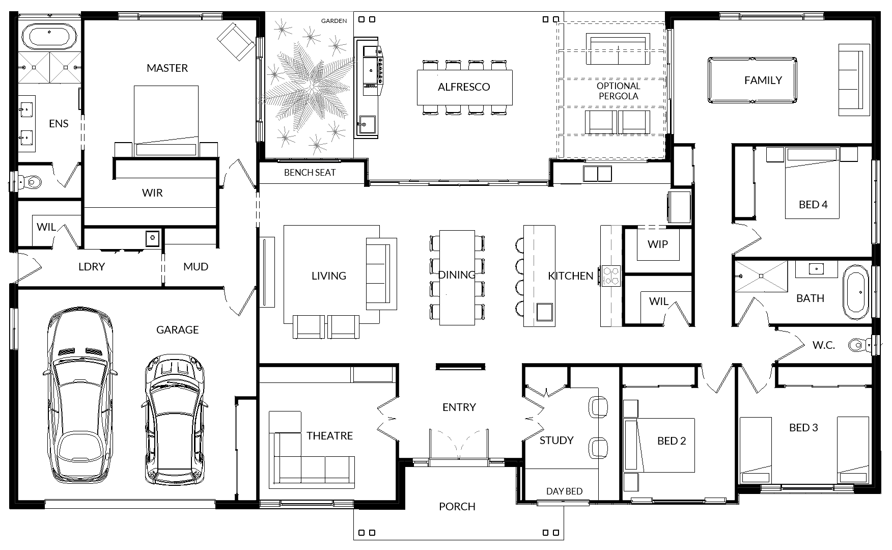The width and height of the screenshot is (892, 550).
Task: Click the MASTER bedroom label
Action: (x=167, y=68)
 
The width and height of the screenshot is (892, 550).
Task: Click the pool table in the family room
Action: (x=751, y=81)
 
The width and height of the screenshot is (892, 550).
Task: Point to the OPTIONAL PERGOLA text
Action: (x=619, y=91)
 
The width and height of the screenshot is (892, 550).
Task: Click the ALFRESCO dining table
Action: (x=464, y=87)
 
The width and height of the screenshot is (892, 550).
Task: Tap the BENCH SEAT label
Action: (x=310, y=173)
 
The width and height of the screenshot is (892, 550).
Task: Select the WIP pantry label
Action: (x=658, y=244)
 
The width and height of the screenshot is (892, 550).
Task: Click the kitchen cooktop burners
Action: (x=611, y=276)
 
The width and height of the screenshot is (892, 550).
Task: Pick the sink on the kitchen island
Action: (x=544, y=311)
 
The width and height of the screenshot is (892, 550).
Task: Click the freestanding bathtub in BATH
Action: (x=856, y=292)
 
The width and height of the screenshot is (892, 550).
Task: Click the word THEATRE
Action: (x=329, y=436)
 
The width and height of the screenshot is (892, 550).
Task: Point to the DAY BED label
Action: (x=564, y=491)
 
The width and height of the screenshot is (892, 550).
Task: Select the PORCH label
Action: (x=457, y=507)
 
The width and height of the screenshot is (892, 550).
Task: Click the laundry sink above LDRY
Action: (x=152, y=238)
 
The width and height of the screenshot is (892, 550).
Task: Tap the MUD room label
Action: (x=196, y=267)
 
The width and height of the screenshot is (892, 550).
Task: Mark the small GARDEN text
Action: (x=334, y=21)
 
